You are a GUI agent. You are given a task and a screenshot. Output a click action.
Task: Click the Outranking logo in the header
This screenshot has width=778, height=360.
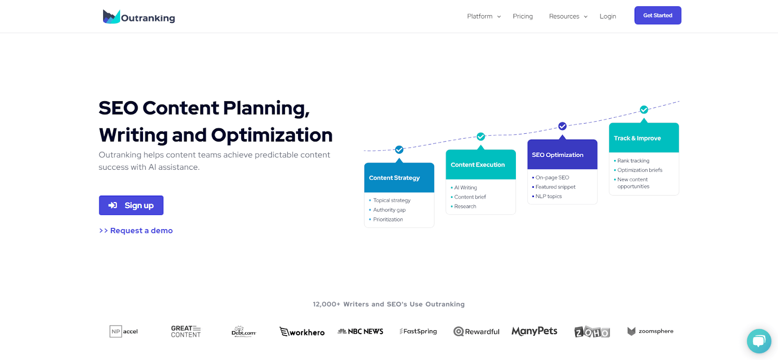[x=139, y=17]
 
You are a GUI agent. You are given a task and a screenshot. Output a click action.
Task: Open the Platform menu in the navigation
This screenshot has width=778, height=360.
[x=483, y=17]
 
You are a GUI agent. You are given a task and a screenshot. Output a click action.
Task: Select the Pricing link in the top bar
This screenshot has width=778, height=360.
[x=523, y=17]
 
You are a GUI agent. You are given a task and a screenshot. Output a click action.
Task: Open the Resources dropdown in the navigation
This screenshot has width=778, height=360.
[x=568, y=17]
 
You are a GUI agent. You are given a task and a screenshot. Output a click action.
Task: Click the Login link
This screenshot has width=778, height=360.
[x=608, y=17]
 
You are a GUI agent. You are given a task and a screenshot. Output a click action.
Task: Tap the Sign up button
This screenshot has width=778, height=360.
[x=131, y=205]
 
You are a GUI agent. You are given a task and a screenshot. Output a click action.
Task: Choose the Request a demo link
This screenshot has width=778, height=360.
[x=136, y=231]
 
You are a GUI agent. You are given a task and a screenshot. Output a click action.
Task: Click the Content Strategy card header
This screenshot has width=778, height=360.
[x=399, y=178]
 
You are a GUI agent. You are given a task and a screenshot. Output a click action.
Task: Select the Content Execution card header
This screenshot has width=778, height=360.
[x=480, y=165]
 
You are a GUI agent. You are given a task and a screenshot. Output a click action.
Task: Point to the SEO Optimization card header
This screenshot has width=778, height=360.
[x=562, y=155]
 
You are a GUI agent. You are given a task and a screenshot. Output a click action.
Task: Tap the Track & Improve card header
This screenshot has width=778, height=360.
[x=644, y=138]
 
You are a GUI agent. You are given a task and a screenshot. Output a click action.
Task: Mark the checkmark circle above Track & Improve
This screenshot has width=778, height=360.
[x=644, y=110]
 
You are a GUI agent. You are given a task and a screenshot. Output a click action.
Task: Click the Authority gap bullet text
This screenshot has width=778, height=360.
[x=389, y=210]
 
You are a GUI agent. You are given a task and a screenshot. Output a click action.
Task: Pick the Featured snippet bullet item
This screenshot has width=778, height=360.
[x=555, y=187]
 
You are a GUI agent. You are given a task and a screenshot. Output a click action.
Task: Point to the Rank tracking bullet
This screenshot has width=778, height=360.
[x=633, y=161]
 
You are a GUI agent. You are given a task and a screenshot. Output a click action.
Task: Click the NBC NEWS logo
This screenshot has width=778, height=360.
[x=360, y=332]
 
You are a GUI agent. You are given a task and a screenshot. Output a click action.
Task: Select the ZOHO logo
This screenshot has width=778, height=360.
[x=592, y=332]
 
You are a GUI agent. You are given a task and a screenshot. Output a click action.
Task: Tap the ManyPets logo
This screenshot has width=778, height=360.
[x=534, y=331]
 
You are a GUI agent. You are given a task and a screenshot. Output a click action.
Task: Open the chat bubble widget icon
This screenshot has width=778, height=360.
[x=759, y=341]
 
